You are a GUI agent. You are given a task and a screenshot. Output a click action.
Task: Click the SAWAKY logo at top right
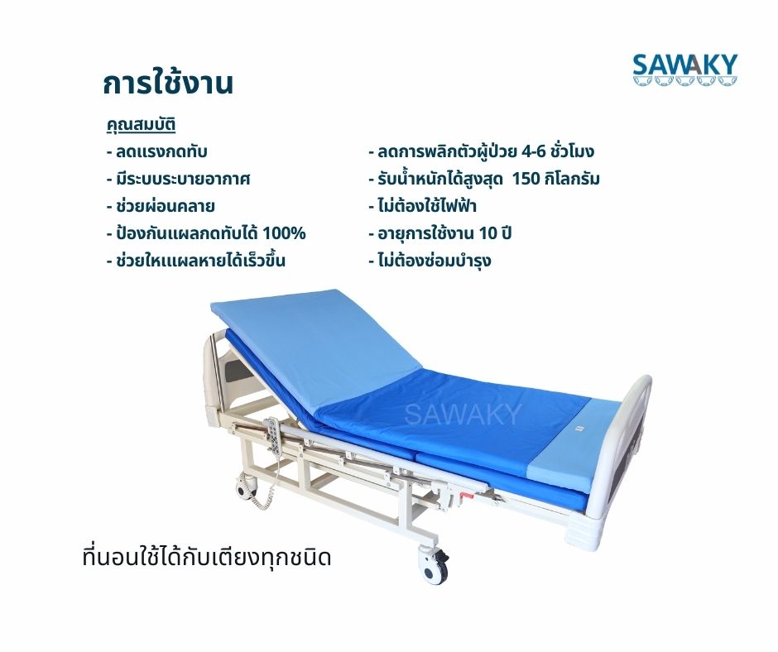point(684,70)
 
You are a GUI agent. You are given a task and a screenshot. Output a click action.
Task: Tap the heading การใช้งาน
point(168,83)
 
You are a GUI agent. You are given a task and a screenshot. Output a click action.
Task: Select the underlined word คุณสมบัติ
point(141,125)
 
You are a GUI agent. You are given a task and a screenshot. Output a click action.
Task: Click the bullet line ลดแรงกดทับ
point(156,151)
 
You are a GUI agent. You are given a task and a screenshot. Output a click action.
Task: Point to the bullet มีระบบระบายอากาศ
point(178,179)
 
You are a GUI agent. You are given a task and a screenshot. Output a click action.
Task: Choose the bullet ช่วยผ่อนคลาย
point(161,206)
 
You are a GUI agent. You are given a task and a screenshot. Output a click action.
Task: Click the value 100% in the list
point(284,233)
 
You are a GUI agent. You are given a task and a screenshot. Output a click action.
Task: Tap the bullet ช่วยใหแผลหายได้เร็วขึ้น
point(196,261)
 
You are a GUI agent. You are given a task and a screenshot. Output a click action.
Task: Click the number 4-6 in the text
point(533,151)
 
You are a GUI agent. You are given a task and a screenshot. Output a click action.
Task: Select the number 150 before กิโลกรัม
point(527,179)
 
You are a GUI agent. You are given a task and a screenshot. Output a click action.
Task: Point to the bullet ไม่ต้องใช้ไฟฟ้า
point(423,205)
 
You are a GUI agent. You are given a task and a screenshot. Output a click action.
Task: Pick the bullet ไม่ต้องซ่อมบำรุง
point(430,261)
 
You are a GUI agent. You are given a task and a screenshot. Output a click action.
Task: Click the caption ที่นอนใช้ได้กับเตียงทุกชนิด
point(207,558)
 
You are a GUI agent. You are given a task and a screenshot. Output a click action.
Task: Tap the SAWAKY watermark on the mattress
point(463,415)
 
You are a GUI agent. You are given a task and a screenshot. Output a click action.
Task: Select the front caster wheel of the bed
point(433,564)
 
